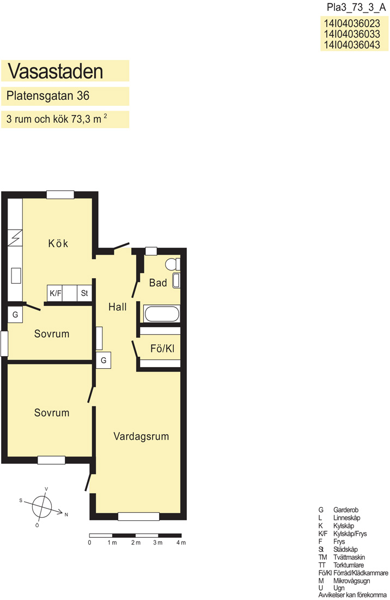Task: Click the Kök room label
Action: click(58, 243)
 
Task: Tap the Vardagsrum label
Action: click(141, 436)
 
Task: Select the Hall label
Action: click(117, 307)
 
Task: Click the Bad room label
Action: click(158, 283)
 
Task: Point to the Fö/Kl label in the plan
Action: click(162, 348)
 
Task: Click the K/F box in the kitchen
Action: click(55, 293)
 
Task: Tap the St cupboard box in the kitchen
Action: click(84, 293)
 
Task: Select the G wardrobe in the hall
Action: click(103, 361)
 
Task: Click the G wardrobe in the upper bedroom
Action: click(15, 315)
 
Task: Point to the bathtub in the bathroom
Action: click(162, 314)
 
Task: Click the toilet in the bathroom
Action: click(173, 264)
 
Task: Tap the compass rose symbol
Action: click(42, 506)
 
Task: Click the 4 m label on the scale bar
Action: click(181, 543)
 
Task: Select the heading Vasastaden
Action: click(56, 71)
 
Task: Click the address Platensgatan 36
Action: click(48, 95)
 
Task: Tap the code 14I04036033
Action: click(352, 34)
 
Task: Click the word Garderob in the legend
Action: click(346, 509)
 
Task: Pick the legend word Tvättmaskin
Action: click(349, 557)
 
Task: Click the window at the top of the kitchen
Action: click(60, 194)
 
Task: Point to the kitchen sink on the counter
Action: click(16, 275)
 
